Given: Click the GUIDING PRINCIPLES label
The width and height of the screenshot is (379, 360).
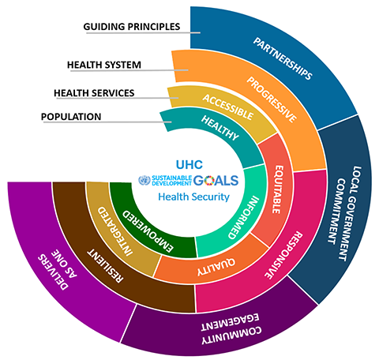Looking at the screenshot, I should coord(132,26).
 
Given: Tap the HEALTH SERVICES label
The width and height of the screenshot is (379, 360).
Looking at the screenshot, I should coord(94,92).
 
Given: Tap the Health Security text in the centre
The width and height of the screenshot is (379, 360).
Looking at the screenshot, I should coord(190,196).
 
